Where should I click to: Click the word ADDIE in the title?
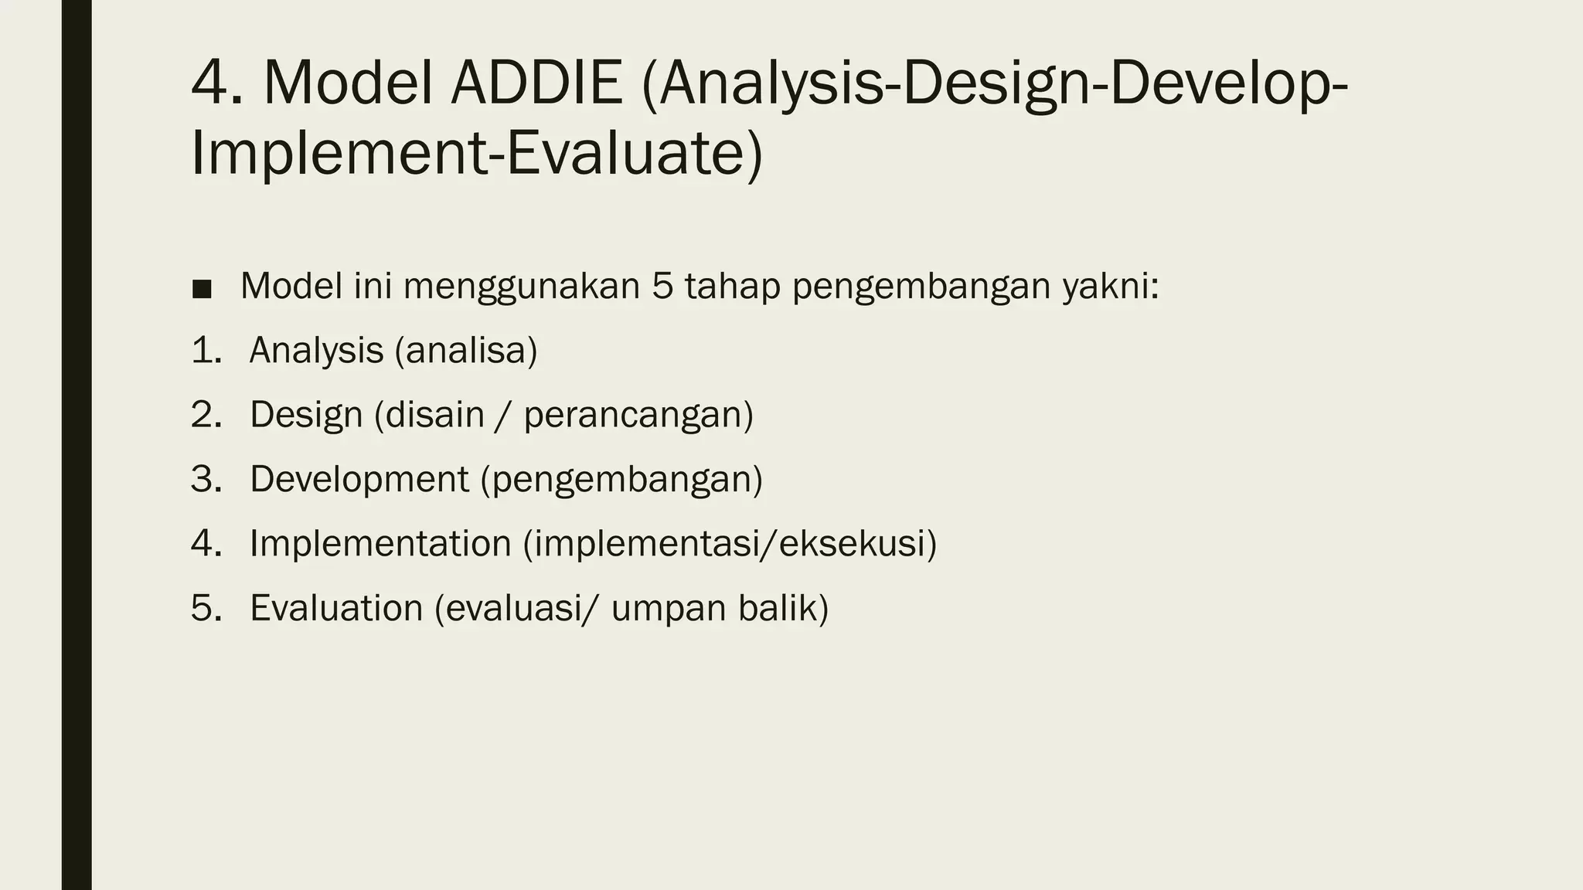tap(536, 83)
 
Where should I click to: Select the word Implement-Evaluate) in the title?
tap(476, 153)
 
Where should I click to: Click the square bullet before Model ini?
tap(202, 289)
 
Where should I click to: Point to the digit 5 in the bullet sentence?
tap(662, 286)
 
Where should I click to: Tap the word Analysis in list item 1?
tap(316, 351)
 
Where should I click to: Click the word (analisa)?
tap(466, 351)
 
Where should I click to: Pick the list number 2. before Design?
tap(206, 415)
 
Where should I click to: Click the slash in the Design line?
tap(504, 416)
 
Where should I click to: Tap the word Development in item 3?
tap(359, 480)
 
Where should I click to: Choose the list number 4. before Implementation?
tap(206, 544)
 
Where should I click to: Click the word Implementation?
tap(380, 544)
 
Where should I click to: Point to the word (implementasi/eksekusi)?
tap(730, 544)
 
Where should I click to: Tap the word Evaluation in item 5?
tap(336, 608)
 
